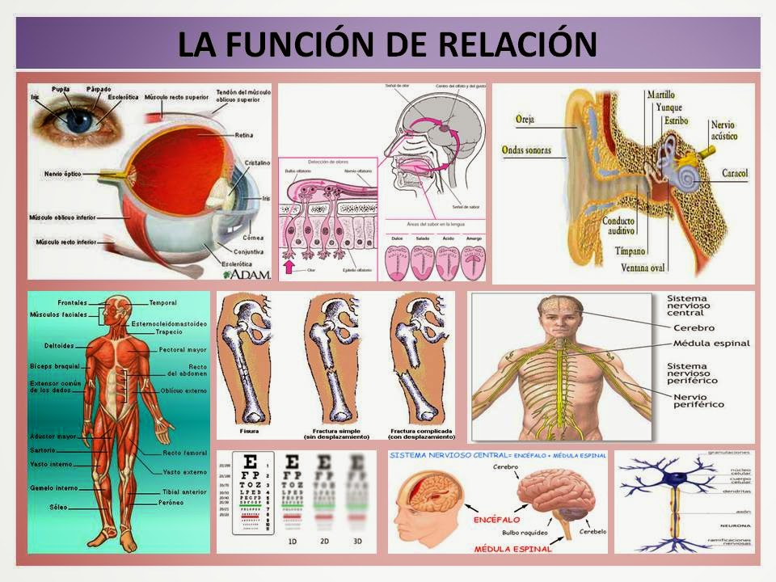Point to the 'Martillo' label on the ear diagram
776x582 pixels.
pos(660,95)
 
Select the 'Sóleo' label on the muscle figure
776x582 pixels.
pos(59,507)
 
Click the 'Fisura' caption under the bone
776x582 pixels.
pos(248,431)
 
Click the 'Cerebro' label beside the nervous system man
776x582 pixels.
pos(693,327)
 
